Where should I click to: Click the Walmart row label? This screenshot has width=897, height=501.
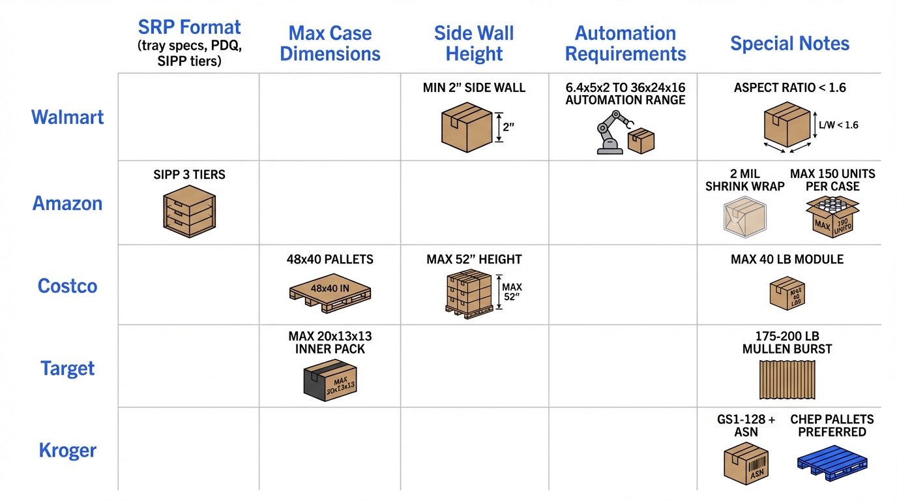pos(67,117)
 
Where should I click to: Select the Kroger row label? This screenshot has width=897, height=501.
pos(67,450)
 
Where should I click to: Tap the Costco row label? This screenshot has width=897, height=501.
pos(67,286)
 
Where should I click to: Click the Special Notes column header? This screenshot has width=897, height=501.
pos(789,44)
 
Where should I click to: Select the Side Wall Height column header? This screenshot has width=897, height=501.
pos(474,44)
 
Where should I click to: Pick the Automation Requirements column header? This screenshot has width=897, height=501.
pos(625,44)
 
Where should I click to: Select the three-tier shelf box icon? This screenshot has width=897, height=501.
pos(188,211)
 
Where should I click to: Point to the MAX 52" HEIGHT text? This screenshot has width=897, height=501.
pos(474,260)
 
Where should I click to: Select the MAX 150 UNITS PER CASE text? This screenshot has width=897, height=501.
pos(832,180)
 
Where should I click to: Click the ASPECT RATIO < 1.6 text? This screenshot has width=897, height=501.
pos(789,88)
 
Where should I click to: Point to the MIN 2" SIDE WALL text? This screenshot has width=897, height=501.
pos(474,88)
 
